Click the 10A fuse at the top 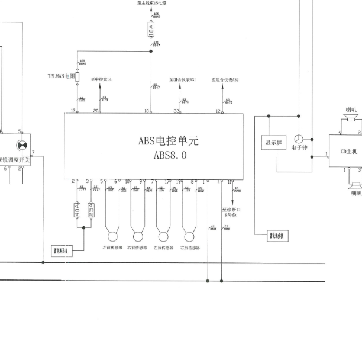pyautogui.click(x=151, y=28)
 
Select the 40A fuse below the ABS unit pyautogui.click(x=77, y=210)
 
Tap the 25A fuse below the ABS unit pyautogui.click(x=91, y=210)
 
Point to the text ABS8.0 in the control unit pyautogui.click(x=170, y=156)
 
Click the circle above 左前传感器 pyautogui.click(x=111, y=232)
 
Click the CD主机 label pyautogui.click(x=348, y=152)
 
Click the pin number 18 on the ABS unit pyautogui.click(x=147, y=111)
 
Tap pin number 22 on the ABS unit pyautogui.click(x=176, y=111)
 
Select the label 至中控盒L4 pyautogui.click(x=101, y=79)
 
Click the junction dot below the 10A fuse pyautogui.click(x=151, y=51)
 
